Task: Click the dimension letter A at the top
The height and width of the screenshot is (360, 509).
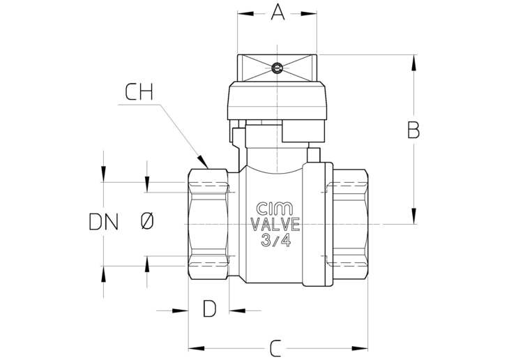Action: (278, 13)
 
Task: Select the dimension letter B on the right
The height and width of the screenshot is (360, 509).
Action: (413, 130)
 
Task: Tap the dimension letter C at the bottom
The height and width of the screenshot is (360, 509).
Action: (275, 349)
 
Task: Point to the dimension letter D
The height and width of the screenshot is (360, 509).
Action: (209, 308)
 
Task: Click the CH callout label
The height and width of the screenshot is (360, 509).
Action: (139, 92)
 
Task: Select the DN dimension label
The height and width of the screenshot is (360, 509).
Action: (104, 222)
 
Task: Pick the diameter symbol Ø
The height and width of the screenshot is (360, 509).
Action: (147, 222)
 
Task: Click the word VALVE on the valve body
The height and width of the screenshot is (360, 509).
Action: (275, 225)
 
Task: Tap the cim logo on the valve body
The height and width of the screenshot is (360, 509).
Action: (275, 209)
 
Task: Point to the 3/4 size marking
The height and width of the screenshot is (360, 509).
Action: (275, 240)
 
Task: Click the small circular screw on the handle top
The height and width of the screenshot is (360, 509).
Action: (277, 68)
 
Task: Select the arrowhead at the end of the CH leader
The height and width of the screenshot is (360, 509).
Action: (203, 161)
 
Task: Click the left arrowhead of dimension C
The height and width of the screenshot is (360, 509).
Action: (197, 349)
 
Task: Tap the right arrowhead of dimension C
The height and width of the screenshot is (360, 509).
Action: (360, 349)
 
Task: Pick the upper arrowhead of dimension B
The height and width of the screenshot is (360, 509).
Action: (413, 63)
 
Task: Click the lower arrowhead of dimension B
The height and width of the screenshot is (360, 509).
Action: (413, 216)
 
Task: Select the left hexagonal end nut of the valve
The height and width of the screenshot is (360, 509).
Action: (208, 224)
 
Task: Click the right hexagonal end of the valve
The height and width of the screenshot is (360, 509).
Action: (351, 224)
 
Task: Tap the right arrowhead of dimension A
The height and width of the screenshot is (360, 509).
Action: (309, 14)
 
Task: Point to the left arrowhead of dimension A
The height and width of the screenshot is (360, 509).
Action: (245, 14)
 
